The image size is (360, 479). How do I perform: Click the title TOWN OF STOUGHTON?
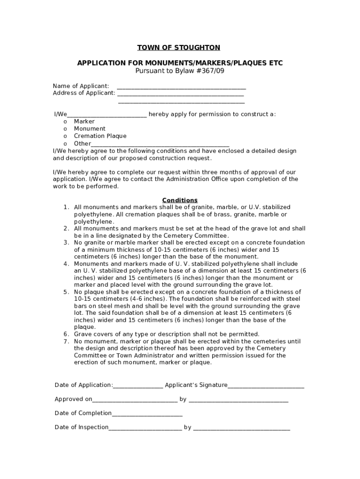[179, 48]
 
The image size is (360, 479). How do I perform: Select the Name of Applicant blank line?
[181, 87]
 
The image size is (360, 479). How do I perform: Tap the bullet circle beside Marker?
[65, 122]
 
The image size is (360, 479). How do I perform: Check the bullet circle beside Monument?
[65, 129]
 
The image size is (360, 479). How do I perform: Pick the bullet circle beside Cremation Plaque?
[65, 137]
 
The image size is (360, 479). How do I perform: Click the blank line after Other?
[160, 145]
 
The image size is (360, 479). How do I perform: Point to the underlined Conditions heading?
[180, 200]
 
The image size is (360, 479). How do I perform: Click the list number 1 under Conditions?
[66, 207]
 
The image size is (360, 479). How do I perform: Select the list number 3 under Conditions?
[66, 243]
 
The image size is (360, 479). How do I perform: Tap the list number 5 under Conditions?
[66, 292]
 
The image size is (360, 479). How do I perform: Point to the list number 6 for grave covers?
[66, 334]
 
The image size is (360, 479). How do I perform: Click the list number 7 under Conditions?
[66, 341]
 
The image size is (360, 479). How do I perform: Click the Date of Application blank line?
[138, 386]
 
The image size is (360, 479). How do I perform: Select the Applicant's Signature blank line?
[266, 386]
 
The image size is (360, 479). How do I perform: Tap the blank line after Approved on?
[135, 400]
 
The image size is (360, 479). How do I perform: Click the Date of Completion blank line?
[147, 414]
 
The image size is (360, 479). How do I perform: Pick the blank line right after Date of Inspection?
[145, 428]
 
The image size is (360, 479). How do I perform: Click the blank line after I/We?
[108, 116]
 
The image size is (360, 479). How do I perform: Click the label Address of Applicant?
[84, 93]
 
